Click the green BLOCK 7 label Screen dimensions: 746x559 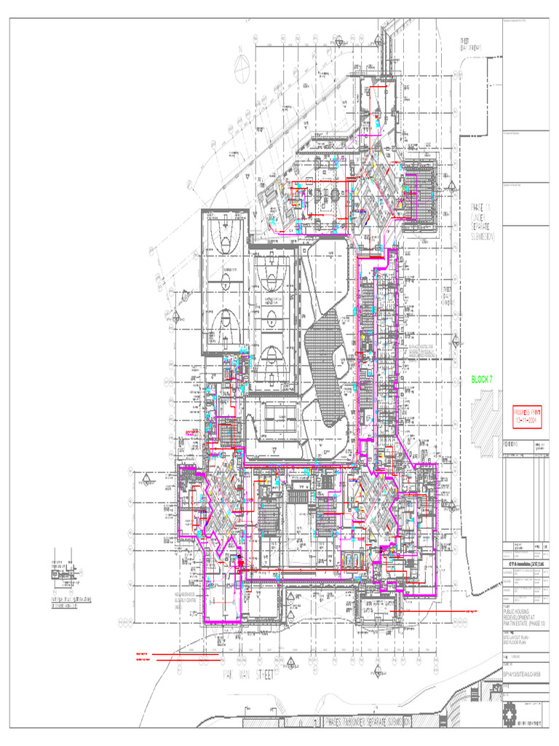click(x=482, y=380)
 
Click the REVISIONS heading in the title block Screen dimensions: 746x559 click(x=513, y=444)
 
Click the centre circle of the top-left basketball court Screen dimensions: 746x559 click(x=225, y=243)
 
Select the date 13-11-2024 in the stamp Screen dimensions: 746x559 click(x=526, y=421)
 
